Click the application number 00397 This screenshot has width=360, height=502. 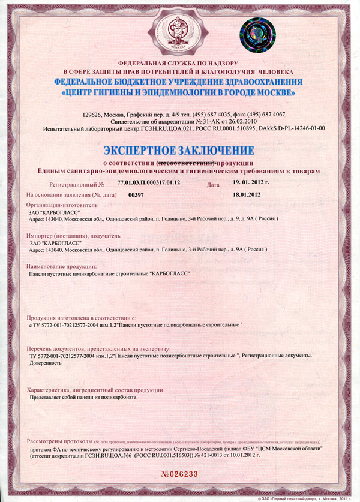click(137, 195)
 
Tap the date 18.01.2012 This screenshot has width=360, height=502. click(246, 195)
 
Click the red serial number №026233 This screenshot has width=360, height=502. click(178, 473)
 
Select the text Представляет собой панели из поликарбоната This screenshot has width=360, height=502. click(83, 397)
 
